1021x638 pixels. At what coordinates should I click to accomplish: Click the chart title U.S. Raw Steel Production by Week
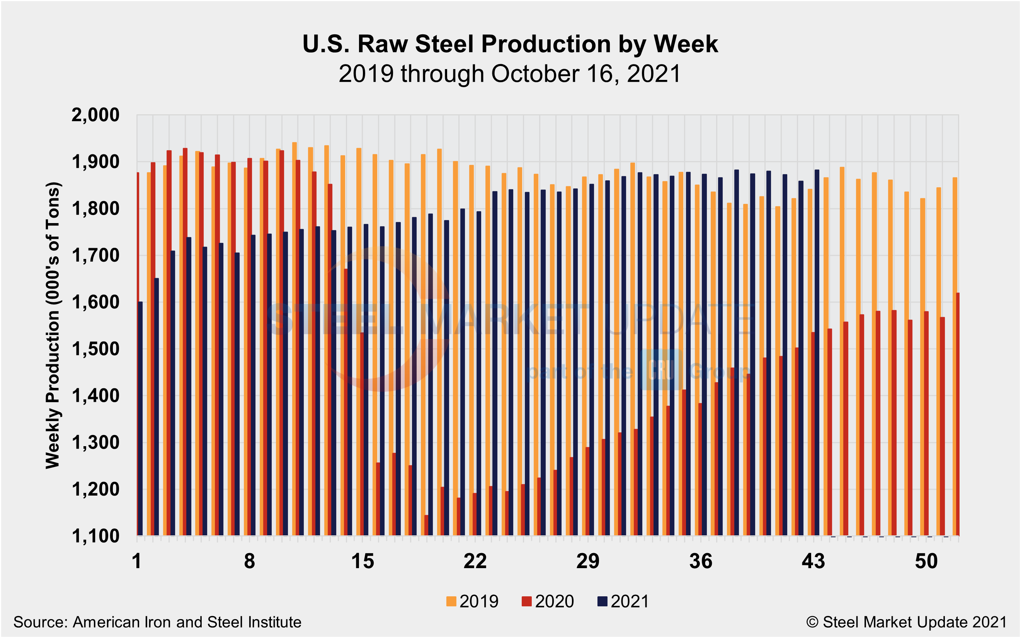click(510, 44)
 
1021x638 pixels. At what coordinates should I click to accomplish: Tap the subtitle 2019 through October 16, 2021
click(510, 74)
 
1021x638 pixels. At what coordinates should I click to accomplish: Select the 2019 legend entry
click(472, 601)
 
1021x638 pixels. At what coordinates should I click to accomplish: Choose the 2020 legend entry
click(548, 601)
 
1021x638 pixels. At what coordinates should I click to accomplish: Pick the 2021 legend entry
click(623, 601)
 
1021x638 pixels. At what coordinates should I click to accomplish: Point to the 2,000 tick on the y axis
click(95, 115)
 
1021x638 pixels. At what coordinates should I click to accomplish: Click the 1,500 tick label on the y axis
click(95, 349)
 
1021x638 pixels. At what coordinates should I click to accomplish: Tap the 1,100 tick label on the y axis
click(95, 536)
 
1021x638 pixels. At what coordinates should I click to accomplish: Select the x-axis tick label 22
click(475, 562)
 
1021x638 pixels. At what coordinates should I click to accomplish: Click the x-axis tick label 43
click(813, 562)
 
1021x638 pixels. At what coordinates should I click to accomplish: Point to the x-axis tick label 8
click(249, 562)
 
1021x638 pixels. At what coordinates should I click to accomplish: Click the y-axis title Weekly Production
click(53, 325)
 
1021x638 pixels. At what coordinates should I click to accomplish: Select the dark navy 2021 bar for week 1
click(140, 419)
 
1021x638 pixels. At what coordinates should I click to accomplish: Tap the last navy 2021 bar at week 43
click(817, 353)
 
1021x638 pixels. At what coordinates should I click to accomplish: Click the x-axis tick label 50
click(926, 562)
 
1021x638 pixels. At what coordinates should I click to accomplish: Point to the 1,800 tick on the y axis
click(95, 208)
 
